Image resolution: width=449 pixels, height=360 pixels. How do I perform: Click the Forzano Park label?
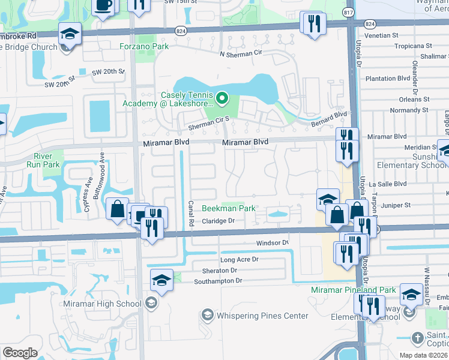click(143, 45)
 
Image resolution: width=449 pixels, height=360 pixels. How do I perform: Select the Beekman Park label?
click(228, 209)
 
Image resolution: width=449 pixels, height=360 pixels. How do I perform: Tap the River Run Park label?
click(46, 160)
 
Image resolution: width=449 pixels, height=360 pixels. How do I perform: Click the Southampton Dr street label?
click(217, 281)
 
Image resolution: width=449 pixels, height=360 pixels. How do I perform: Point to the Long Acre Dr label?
click(239, 260)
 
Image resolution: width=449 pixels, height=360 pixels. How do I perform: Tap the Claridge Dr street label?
click(217, 221)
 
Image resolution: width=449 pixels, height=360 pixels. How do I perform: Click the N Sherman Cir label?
click(243, 55)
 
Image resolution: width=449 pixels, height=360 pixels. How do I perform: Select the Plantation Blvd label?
click(388, 79)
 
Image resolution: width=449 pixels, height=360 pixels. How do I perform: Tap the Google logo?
click(20, 352)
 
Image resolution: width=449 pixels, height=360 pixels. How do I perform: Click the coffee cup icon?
click(103, 5)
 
